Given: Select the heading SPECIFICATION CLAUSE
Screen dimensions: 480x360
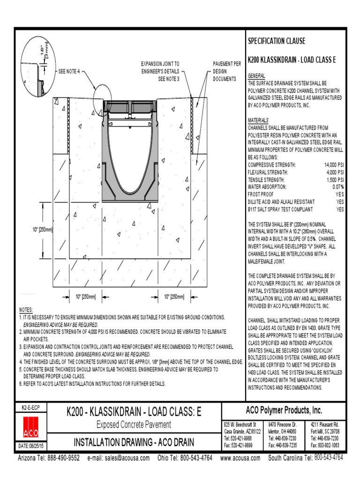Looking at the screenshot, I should [x=276, y=41].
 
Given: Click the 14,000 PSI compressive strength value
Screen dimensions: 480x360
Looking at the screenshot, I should [x=333, y=165].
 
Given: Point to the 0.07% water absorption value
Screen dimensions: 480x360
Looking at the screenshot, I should [x=336, y=187].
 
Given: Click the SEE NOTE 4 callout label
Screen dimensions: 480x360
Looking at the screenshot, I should [x=69, y=72].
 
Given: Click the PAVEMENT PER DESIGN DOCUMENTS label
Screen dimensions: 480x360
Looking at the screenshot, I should [x=226, y=71].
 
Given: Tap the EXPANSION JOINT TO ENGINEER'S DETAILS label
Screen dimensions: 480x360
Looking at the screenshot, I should [x=160, y=71].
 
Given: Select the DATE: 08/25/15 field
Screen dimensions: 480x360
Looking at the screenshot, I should [x=31, y=445].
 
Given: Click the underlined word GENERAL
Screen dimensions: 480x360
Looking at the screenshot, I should [x=256, y=76].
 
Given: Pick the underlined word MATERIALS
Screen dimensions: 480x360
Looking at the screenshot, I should [x=258, y=120].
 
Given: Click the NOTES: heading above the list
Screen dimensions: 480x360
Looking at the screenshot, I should [x=26, y=310].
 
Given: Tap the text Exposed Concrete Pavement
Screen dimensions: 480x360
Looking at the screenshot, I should [x=134, y=425].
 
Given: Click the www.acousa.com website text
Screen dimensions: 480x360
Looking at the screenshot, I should [x=240, y=458].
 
